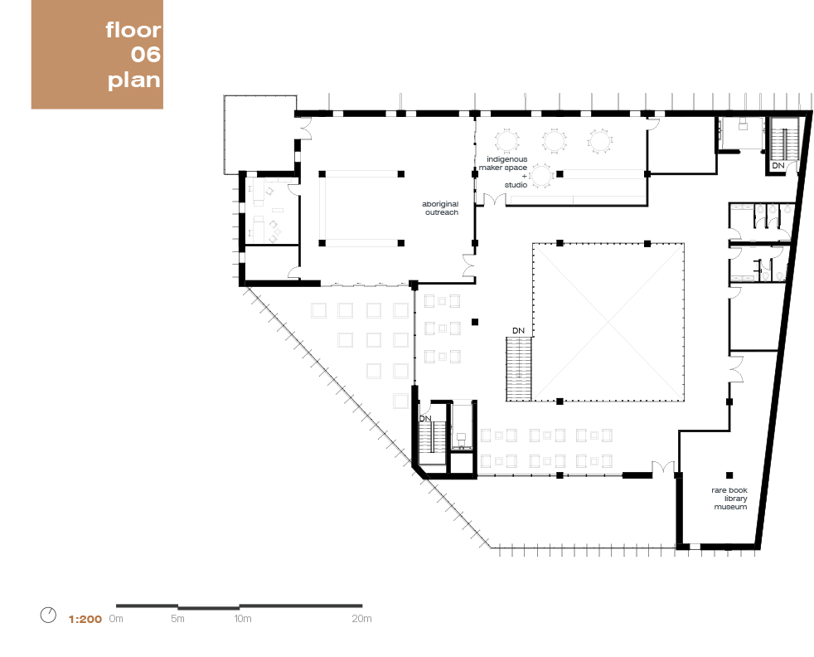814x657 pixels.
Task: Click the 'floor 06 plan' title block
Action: coord(97,54)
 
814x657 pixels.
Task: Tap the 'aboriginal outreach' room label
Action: coord(440,207)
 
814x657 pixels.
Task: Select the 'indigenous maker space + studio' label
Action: coord(503,172)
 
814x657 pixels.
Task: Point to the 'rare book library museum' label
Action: coord(729,498)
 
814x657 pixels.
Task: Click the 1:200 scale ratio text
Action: coord(85,619)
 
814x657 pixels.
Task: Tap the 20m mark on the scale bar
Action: coord(362,619)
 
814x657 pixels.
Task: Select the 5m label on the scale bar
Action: coord(177,619)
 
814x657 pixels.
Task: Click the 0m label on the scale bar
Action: coord(116,619)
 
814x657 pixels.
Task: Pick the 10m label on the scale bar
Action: coord(242,619)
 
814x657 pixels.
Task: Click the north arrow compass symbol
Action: coord(48,615)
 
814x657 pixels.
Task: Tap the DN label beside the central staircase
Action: coord(518,330)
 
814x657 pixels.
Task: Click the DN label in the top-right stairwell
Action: coord(778,165)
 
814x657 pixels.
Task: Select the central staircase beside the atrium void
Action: coord(519,369)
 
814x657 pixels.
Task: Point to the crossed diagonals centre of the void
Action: coord(608,322)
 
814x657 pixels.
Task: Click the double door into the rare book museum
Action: coord(663,467)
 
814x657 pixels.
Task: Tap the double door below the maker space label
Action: coord(495,199)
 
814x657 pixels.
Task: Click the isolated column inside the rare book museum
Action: coord(729,475)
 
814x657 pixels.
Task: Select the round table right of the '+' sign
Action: coord(541,176)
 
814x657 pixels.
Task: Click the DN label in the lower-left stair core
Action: coord(425,418)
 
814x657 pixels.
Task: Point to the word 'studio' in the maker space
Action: coord(516,185)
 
